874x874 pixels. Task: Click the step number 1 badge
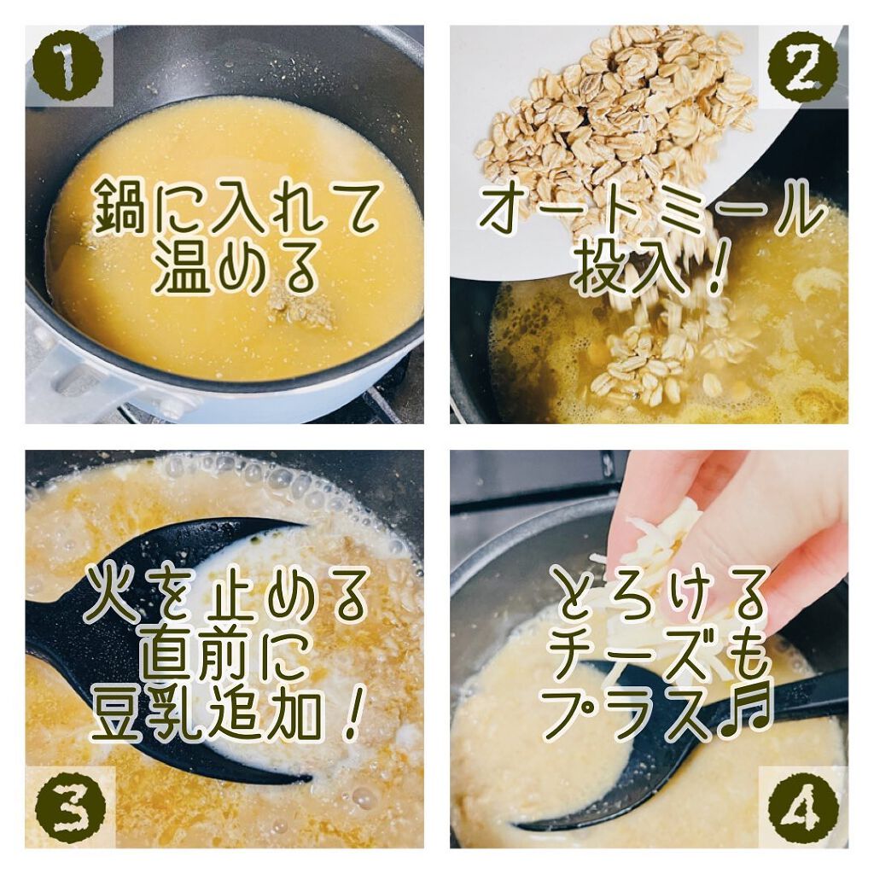click(x=67, y=66)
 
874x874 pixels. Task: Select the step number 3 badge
click(x=67, y=805)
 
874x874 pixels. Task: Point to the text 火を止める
click(x=226, y=598)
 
